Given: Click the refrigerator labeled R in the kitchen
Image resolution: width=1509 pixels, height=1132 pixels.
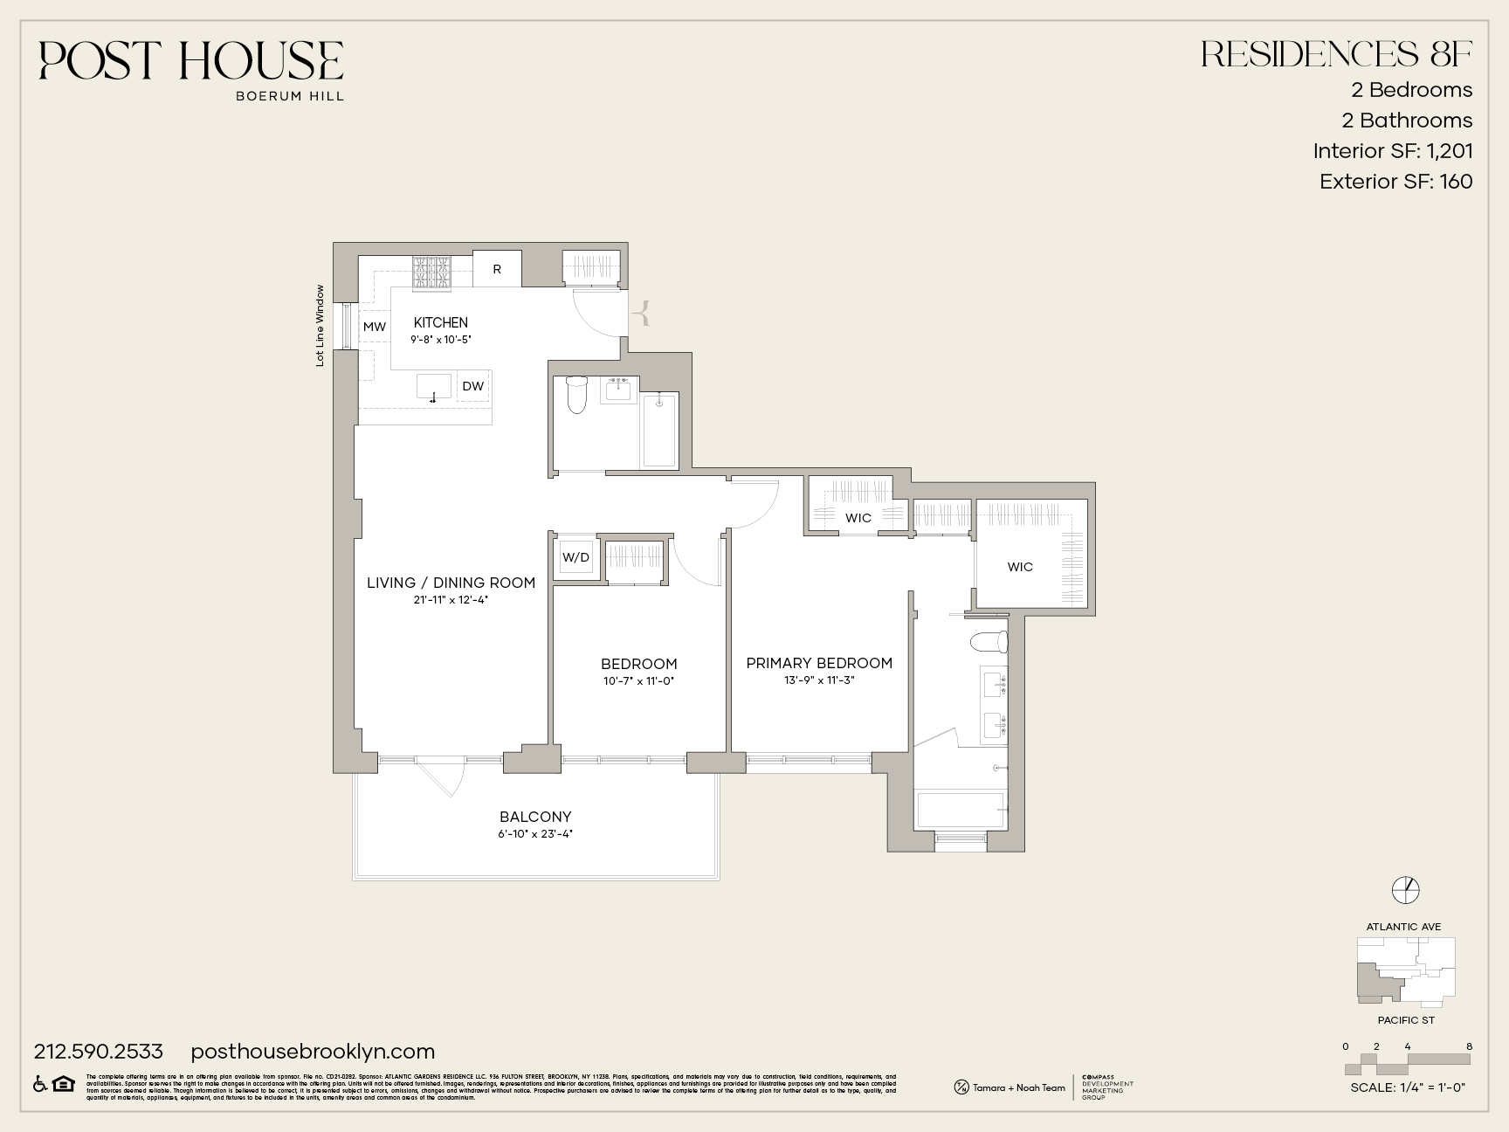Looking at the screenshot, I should (x=497, y=269).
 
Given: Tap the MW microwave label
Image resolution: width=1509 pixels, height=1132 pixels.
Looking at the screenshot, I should (x=375, y=327).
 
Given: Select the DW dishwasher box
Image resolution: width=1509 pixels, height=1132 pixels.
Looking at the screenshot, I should (x=472, y=386).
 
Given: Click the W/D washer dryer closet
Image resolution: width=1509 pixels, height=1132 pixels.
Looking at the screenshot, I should (x=575, y=557).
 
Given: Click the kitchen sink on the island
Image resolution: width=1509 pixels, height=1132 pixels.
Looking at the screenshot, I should (x=434, y=387).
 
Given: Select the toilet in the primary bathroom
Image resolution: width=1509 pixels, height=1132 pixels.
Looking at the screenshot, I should (x=989, y=642).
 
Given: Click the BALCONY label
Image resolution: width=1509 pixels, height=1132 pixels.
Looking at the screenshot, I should (x=535, y=817).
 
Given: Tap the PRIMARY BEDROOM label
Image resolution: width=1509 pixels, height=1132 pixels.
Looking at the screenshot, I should (x=819, y=663).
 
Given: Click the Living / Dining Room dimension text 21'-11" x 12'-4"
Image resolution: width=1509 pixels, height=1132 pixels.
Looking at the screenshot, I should (x=451, y=600).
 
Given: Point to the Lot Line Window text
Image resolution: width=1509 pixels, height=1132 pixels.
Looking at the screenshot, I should (x=320, y=325).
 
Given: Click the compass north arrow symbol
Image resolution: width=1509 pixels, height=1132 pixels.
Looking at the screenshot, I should (x=1406, y=889).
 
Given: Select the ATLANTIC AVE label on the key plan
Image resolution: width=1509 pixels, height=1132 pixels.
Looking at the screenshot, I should (x=1403, y=927).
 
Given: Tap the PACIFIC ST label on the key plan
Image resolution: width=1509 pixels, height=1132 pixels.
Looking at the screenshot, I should (x=1406, y=1020).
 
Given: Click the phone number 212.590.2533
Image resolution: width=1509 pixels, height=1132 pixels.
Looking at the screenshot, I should (x=99, y=1052).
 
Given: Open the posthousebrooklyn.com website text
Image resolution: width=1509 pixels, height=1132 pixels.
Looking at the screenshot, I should (x=313, y=1052).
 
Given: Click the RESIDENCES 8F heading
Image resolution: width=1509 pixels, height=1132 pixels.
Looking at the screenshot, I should (x=1336, y=54).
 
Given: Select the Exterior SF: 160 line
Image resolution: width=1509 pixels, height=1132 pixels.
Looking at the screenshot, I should (x=1395, y=182).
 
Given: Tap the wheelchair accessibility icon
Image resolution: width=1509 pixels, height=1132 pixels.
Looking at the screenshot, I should (x=40, y=1083).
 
